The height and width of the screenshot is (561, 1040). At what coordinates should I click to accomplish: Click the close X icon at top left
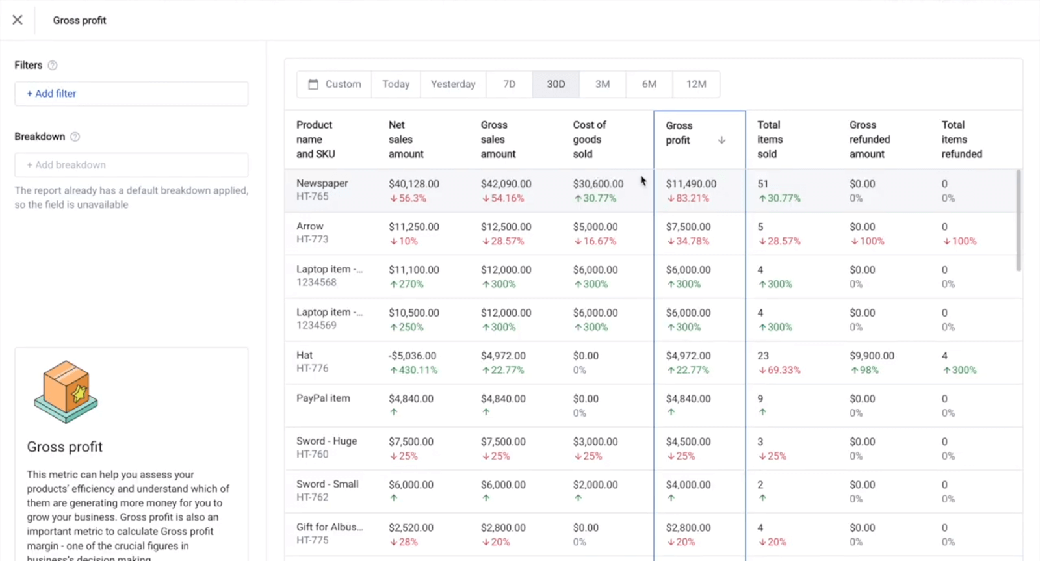[18, 20]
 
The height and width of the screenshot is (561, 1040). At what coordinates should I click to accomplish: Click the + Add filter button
[51, 94]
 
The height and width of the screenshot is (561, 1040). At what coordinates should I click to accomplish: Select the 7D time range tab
[509, 85]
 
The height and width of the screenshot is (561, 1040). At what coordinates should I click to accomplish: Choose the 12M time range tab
[695, 85]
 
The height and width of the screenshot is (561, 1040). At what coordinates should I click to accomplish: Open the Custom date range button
[335, 85]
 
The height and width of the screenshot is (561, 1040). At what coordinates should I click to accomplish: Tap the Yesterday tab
[453, 85]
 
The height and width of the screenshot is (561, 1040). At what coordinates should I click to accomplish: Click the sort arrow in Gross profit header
[721, 140]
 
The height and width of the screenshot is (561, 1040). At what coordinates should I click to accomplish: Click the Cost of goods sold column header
[589, 139]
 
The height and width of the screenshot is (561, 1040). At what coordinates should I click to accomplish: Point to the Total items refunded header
[961, 139]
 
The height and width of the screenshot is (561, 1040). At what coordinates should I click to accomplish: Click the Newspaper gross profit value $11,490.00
[691, 184]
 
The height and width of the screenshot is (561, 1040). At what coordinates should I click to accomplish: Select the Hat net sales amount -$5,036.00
[412, 356]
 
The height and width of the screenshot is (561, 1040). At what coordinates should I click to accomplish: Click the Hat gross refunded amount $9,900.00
[872, 356]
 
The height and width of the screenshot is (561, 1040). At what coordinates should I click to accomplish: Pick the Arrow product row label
[310, 226]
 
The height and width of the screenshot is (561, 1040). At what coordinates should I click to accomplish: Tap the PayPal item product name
[323, 398]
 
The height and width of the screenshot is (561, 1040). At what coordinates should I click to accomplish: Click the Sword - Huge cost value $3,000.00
[595, 442]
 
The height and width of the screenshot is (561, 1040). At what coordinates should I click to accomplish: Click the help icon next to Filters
[53, 66]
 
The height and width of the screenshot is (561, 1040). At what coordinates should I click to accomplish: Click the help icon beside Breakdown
[75, 137]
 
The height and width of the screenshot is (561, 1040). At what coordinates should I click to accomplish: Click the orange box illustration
[66, 392]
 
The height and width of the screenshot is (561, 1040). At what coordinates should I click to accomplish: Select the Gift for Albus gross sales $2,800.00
[503, 528]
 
